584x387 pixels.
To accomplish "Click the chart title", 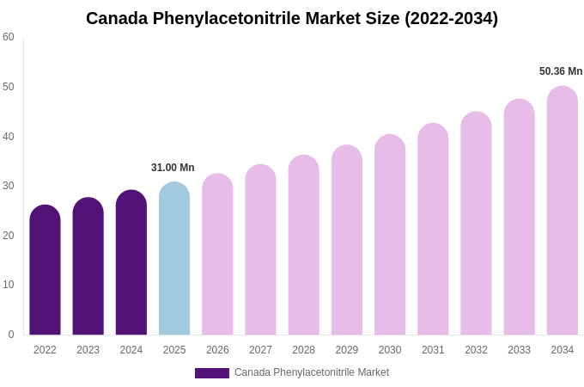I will coord(292,18).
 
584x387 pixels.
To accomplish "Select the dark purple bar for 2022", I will coord(45,271).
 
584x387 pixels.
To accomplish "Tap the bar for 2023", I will coord(88,267).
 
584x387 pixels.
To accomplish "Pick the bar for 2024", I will coord(131,263).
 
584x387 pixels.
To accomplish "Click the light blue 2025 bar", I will coord(174,259).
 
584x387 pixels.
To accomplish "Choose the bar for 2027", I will coord(260,250).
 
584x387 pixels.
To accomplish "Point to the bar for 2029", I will coord(347,241).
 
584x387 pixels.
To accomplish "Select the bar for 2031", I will coord(433,230).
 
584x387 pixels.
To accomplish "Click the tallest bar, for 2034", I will coord(563,211).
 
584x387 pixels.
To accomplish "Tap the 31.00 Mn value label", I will coord(173,168).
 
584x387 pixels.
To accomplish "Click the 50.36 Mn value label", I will coord(561,71).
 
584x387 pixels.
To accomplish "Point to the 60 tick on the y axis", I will coord(9,37).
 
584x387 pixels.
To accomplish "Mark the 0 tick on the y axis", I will coord(11,335).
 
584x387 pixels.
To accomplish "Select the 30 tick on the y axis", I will coord(9,186).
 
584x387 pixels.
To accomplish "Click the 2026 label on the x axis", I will coord(217,350).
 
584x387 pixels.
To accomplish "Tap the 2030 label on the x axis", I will coord(390,350).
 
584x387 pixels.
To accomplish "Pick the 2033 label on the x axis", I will coord(519,350).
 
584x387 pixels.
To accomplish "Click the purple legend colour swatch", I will coord(212,373).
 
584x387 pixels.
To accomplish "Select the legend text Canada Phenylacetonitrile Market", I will coord(312,372).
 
